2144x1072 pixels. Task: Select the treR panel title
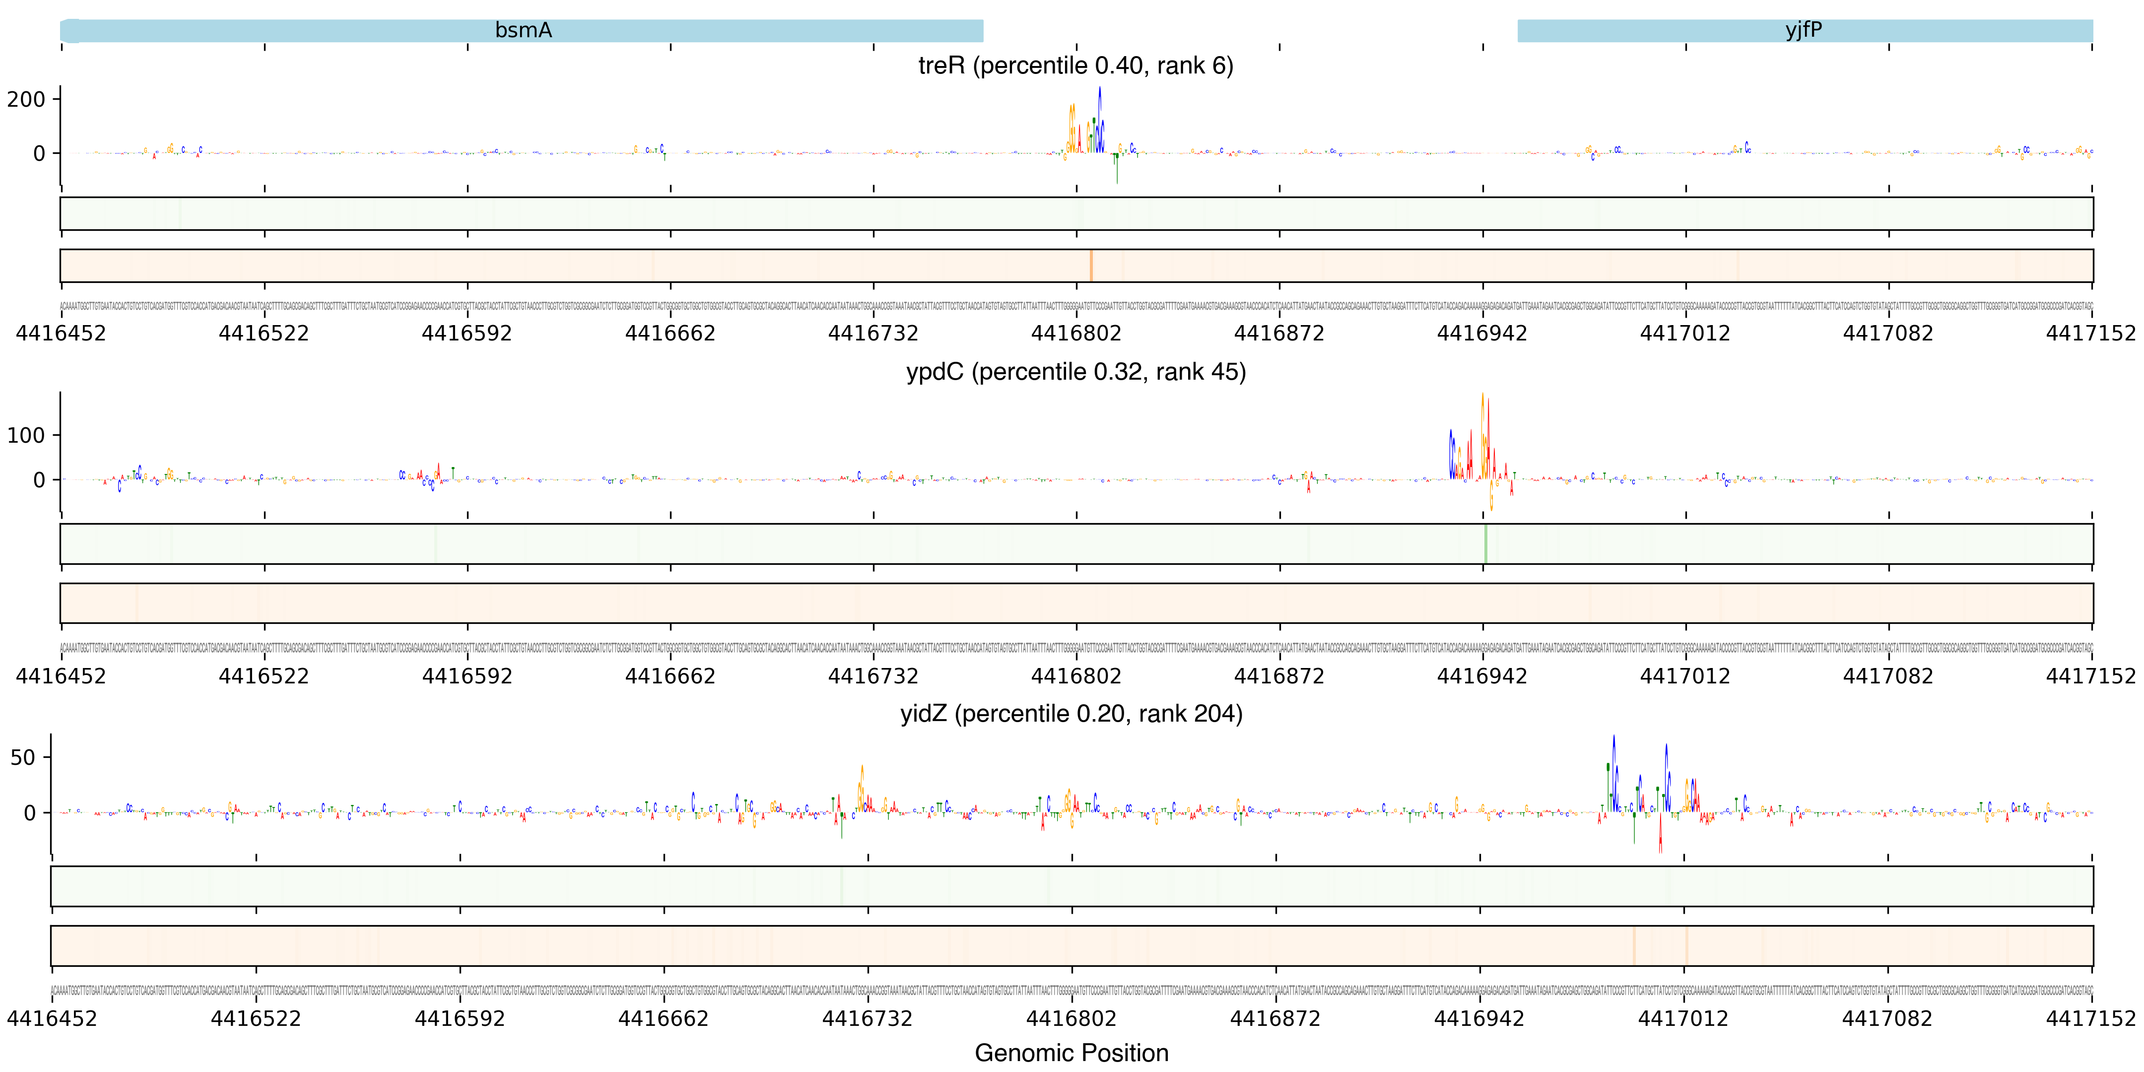click(x=1075, y=66)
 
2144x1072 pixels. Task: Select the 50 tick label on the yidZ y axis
click(x=23, y=757)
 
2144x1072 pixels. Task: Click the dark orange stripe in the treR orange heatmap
click(x=1090, y=266)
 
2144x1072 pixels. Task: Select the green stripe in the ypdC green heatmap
click(x=1485, y=543)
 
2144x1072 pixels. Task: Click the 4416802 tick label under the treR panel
click(x=1076, y=334)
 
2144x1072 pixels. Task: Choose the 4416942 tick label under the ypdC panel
click(x=1482, y=676)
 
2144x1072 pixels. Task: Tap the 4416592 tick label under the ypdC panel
click(x=467, y=676)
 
